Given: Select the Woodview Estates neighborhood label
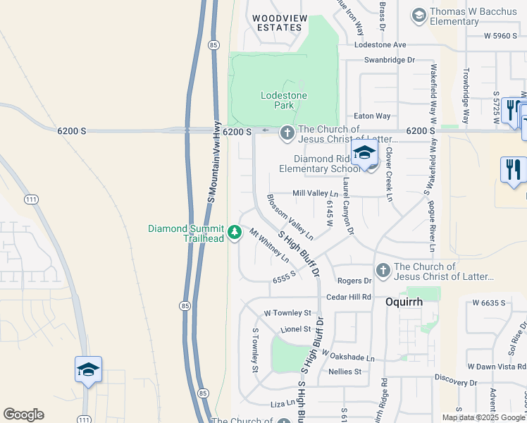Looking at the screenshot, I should click(277, 23).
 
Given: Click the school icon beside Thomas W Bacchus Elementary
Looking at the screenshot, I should click(418, 15).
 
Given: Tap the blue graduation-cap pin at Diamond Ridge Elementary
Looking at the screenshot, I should click(365, 154).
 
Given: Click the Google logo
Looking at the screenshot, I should click(24, 415).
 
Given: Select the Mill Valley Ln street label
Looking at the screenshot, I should click(316, 193).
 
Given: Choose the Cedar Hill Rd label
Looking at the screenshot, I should click(348, 297).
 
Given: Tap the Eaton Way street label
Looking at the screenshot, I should click(372, 116).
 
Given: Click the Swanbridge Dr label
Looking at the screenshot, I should click(390, 61).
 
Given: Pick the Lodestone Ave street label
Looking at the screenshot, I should click(380, 44).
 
